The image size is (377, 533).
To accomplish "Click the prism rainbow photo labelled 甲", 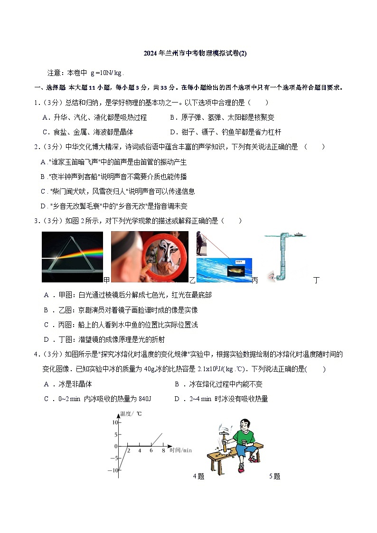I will click(x=72, y=257).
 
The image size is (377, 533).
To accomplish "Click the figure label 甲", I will click(x=106, y=280).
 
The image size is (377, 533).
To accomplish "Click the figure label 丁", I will click(x=317, y=280).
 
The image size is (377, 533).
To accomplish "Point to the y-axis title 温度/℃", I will click(x=131, y=414).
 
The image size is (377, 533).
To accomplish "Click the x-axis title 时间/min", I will click(x=180, y=450).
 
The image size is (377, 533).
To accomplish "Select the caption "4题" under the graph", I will click(x=198, y=477).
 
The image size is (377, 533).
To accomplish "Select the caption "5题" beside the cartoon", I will click(x=274, y=477).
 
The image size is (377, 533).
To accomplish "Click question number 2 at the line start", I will click(x=36, y=147).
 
